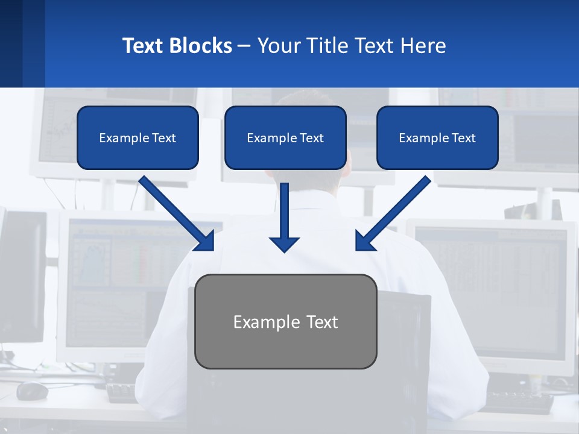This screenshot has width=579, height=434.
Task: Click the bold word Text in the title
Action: click(x=144, y=46)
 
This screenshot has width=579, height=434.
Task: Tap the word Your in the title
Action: click(x=279, y=46)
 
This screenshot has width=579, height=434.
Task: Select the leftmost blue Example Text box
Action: click(x=138, y=137)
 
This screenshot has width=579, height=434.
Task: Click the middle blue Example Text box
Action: click(x=285, y=137)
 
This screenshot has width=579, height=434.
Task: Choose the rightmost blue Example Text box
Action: click(x=437, y=137)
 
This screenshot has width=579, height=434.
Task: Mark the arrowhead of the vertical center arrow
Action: click(x=284, y=244)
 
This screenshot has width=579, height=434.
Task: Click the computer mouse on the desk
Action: click(x=32, y=391)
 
